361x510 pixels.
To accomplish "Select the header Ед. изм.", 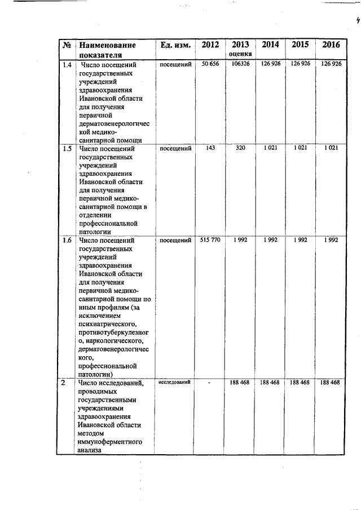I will pos(174,45).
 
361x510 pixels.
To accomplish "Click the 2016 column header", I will pos(331,45).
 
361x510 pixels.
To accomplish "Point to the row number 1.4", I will pos(67,64).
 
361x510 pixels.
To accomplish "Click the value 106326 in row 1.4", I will pos(240,64).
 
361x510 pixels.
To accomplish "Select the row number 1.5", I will pos(67,149).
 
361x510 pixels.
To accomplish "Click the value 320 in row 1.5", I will pos(240,149).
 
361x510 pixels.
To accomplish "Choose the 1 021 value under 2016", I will pos(331,149).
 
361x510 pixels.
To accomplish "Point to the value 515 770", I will pos(210,240).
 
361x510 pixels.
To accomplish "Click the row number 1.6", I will pos(67,240).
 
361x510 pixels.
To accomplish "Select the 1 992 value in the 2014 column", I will pos(270,240).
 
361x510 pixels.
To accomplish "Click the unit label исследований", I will pos(174,382).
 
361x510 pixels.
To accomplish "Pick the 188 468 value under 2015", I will pos(300,383).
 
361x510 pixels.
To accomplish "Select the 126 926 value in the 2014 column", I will pos(270,64).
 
